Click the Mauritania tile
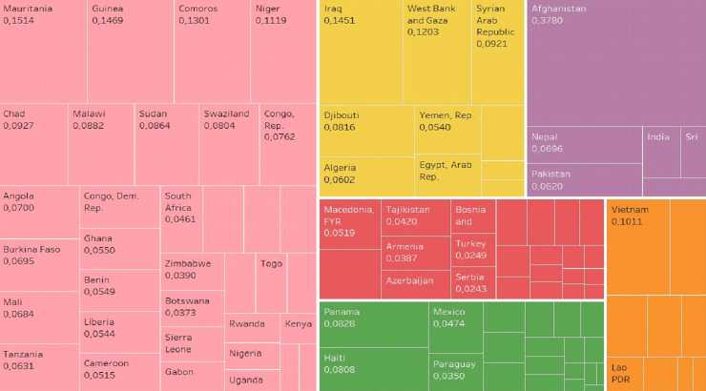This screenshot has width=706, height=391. click(43, 52)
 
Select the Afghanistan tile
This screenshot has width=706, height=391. click(615, 63)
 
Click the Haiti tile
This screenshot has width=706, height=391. click(373, 366)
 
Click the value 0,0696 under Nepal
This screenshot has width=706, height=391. click(547, 150)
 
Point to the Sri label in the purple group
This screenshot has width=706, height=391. click(691, 137)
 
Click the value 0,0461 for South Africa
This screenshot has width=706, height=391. click(177, 219)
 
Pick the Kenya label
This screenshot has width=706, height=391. click(297, 324)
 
